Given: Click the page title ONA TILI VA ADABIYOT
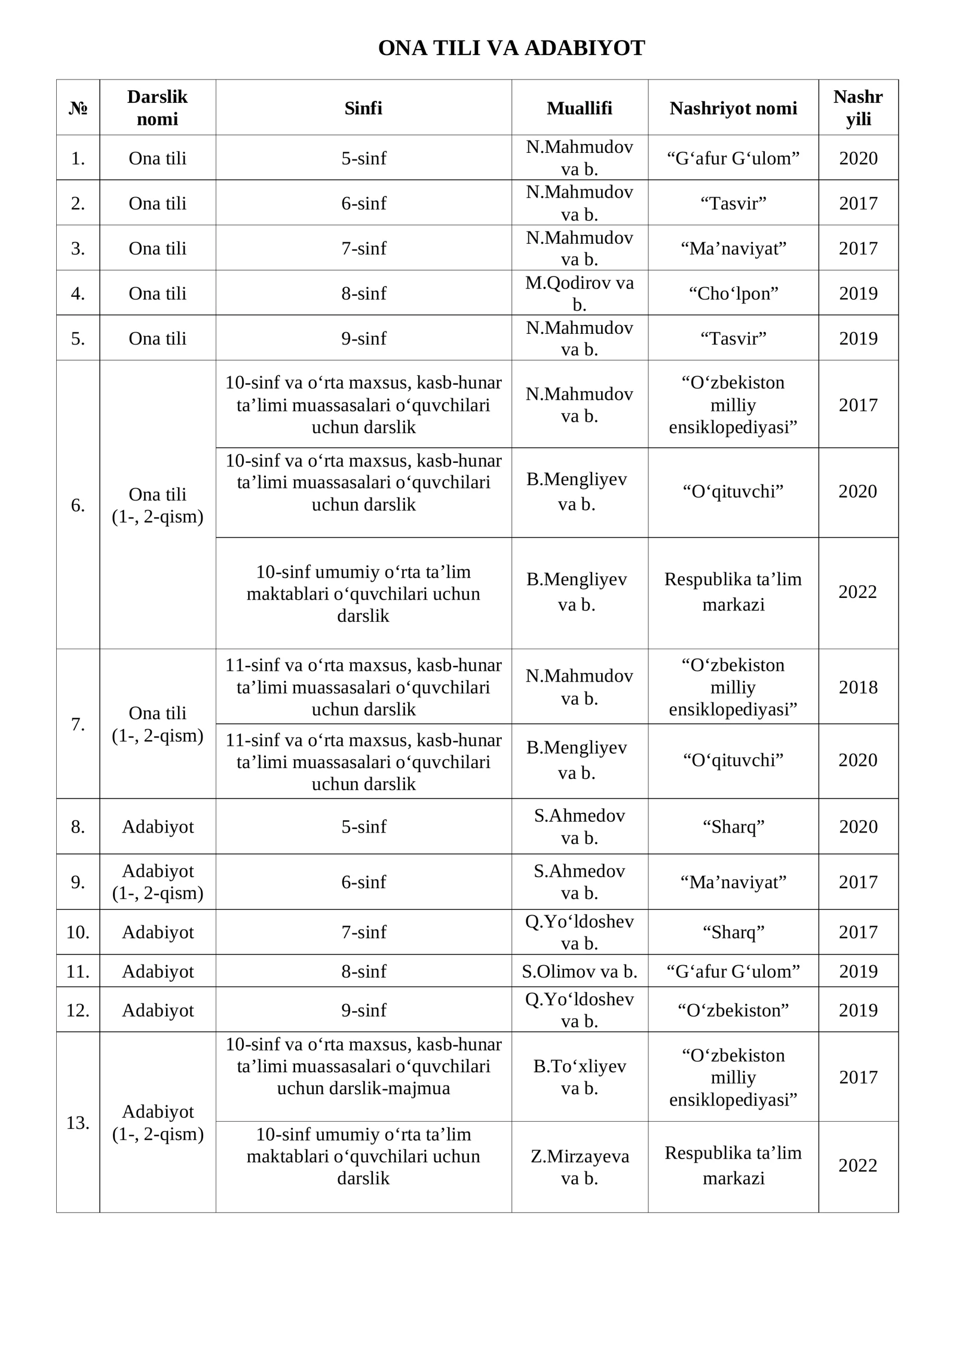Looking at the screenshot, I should click(x=511, y=48).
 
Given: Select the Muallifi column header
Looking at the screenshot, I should click(x=579, y=108).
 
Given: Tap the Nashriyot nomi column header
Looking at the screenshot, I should click(x=733, y=108).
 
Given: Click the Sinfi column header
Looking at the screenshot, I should click(x=363, y=108).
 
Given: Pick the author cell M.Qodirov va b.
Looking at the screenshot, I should click(x=579, y=293).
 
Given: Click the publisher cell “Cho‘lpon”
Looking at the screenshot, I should click(x=733, y=293).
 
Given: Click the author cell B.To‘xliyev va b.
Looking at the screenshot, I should click(x=579, y=1077).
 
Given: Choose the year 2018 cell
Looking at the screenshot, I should click(x=858, y=687).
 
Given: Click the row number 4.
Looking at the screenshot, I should click(x=78, y=293).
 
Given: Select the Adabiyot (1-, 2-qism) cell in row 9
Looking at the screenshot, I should click(x=158, y=882).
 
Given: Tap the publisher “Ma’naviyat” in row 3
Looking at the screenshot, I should click(x=733, y=248).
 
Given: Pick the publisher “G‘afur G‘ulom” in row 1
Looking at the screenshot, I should click(x=733, y=158).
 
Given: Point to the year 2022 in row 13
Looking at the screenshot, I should click(x=858, y=1165).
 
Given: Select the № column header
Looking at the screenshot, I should click(x=78, y=108).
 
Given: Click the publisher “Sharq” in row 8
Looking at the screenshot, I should click(x=733, y=827).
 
